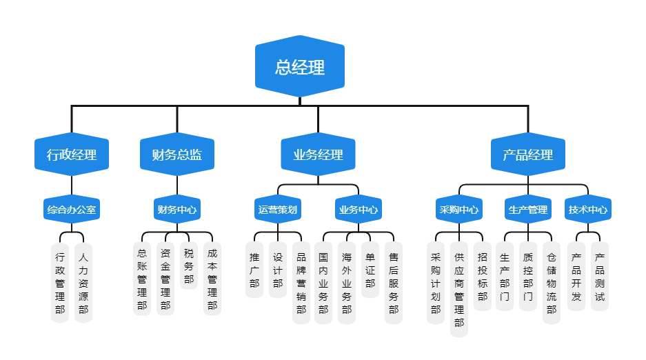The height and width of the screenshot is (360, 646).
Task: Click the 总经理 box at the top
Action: pyautogui.click(x=300, y=67)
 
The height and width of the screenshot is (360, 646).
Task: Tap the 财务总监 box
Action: pyautogui.click(x=177, y=155)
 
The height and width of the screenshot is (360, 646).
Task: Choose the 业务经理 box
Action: pyautogui.click(x=318, y=155)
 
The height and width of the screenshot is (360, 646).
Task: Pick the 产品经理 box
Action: pyautogui.click(x=527, y=155)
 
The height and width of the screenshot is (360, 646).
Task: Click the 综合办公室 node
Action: pyautogui.click(x=71, y=209)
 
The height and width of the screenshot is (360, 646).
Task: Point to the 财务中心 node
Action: pyautogui.click(x=177, y=209)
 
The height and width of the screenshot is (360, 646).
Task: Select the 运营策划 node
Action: pyautogui.click(x=277, y=209)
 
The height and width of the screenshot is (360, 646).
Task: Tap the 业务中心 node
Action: pyautogui.click(x=358, y=209)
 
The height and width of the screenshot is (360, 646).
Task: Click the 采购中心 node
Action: pyautogui.click(x=459, y=209)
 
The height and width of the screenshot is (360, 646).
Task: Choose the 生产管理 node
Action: pyautogui.click(x=527, y=209)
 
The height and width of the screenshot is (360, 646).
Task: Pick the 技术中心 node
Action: pyautogui.click(x=588, y=209)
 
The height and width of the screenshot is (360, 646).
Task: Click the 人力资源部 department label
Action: pyautogui.click(x=83, y=283)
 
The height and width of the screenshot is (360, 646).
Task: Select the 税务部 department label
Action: pyautogui.click(x=188, y=266)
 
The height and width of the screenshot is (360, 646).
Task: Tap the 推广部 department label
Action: pyautogui.click(x=254, y=270)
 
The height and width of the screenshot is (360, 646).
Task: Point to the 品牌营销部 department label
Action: pyautogui.click(x=301, y=283)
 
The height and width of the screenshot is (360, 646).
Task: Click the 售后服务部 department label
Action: pyautogui.click(x=393, y=283)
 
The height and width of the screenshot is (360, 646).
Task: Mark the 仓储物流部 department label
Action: pyautogui.click(x=552, y=283)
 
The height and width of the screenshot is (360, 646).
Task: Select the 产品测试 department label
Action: pyautogui.click(x=600, y=276)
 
